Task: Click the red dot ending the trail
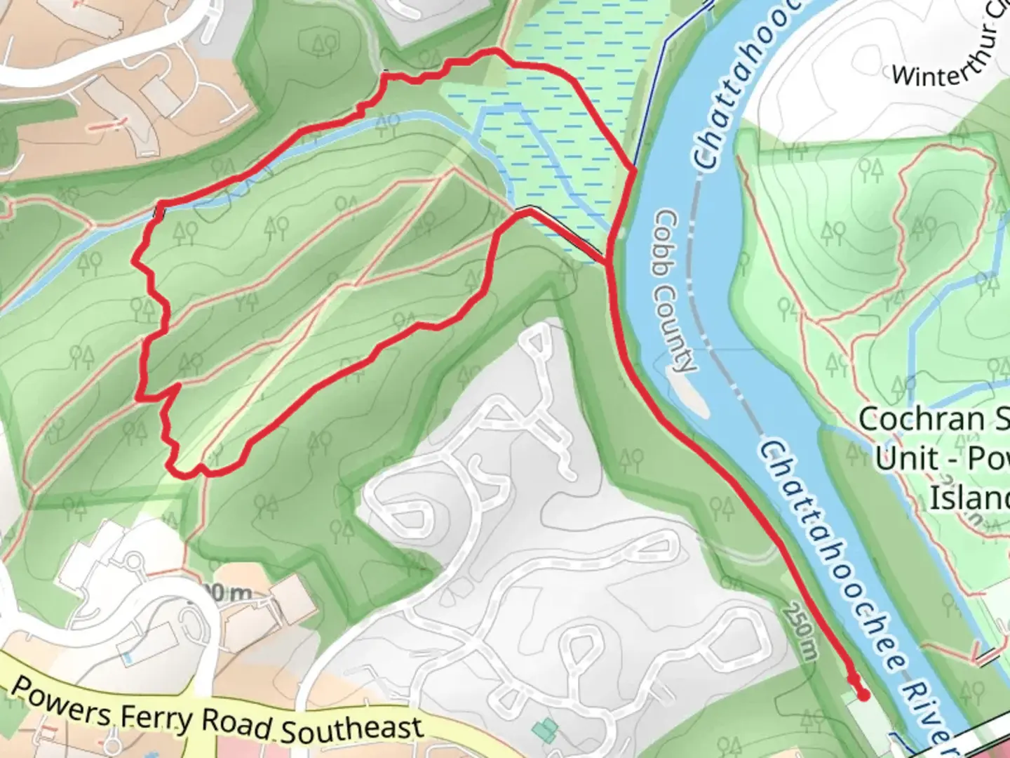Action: point(863,696)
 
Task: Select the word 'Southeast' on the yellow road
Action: point(352,730)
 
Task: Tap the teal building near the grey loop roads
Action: point(544,730)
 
